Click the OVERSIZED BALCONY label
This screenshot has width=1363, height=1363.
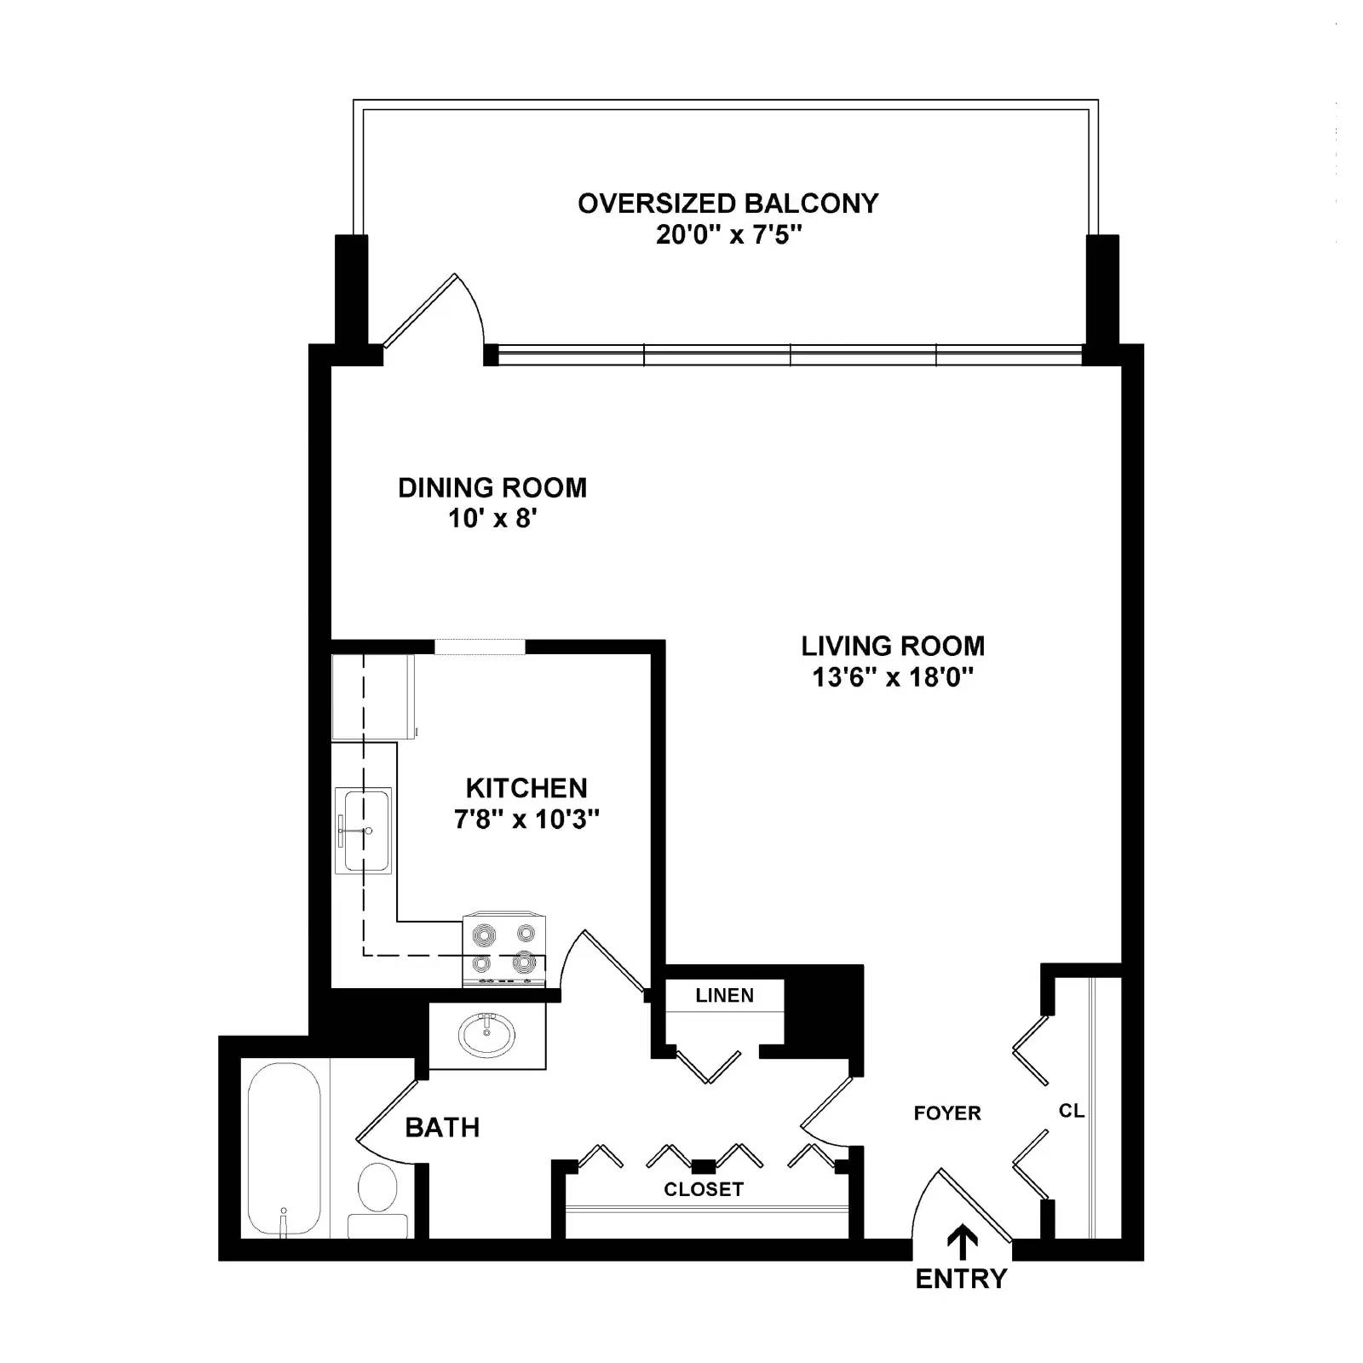[x=728, y=204]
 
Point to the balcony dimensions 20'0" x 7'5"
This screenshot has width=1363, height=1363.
[x=728, y=234]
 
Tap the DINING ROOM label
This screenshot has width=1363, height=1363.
[x=492, y=488]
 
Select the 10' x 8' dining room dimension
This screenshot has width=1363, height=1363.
[x=492, y=518]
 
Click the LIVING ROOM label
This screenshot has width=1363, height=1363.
[x=893, y=646]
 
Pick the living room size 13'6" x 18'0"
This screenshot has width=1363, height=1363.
[x=893, y=677]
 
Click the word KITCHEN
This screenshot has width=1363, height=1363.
[x=526, y=788]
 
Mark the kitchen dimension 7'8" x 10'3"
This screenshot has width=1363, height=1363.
[x=526, y=820]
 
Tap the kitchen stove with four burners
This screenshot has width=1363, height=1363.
[x=504, y=951]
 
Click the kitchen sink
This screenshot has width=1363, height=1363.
[x=364, y=831]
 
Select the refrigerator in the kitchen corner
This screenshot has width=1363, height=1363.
[x=372, y=697]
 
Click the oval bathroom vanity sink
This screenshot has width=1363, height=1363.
[x=486, y=1035]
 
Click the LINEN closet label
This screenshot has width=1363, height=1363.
[x=724, y=996]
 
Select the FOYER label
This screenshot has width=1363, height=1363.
[x=947, y=1113]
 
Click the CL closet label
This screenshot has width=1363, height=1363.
[x=1071, y=1111]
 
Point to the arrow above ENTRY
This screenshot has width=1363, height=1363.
[x=963, y=1242]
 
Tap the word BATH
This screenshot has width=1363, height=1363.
[x=442, y=1128]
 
